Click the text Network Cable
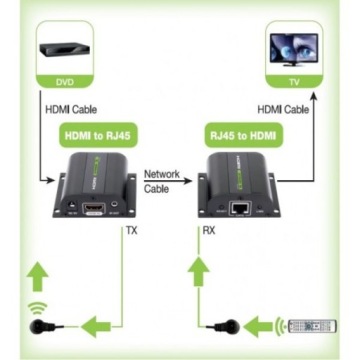[x=161, y=180]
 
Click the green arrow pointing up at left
[x=38, y=272]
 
